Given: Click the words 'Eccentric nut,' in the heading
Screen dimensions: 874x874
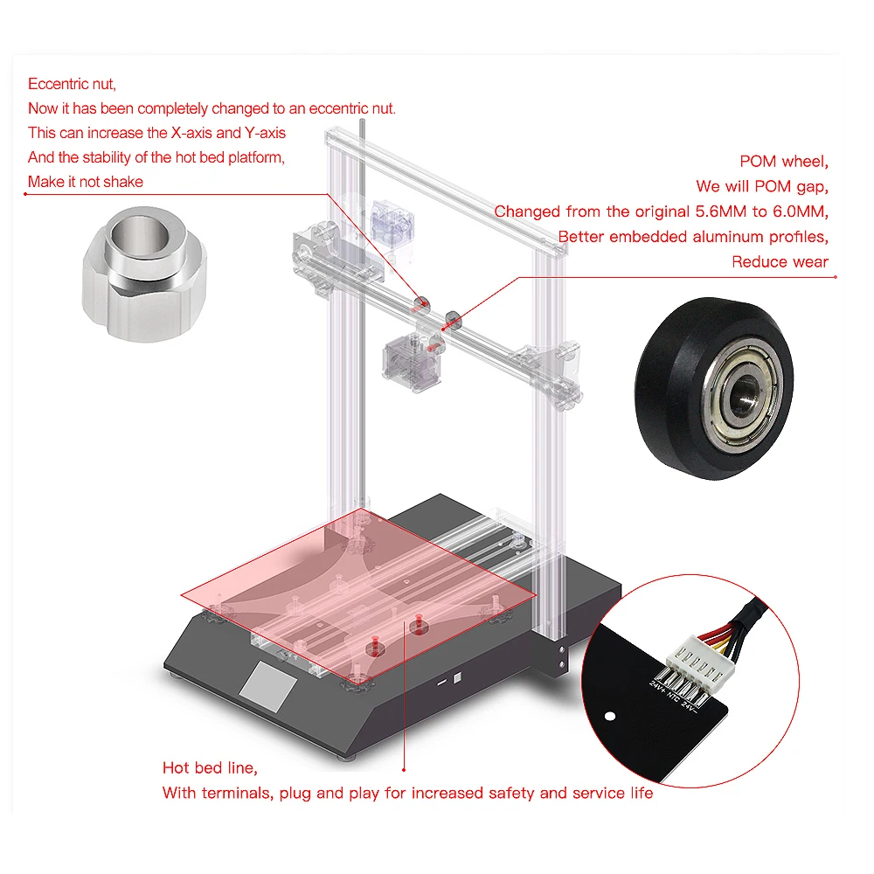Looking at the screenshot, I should [x=72, y=84].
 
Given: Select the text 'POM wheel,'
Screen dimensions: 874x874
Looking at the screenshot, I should [x=784, y=161].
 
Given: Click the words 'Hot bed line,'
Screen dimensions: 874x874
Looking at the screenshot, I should [x=210, y=768].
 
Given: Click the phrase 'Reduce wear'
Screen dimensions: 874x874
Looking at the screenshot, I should [x=780, y=261].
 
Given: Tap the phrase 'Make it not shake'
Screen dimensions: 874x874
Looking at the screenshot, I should [x=86, y=182].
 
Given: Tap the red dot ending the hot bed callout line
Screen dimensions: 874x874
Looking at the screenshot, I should [x=404, y=769].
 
